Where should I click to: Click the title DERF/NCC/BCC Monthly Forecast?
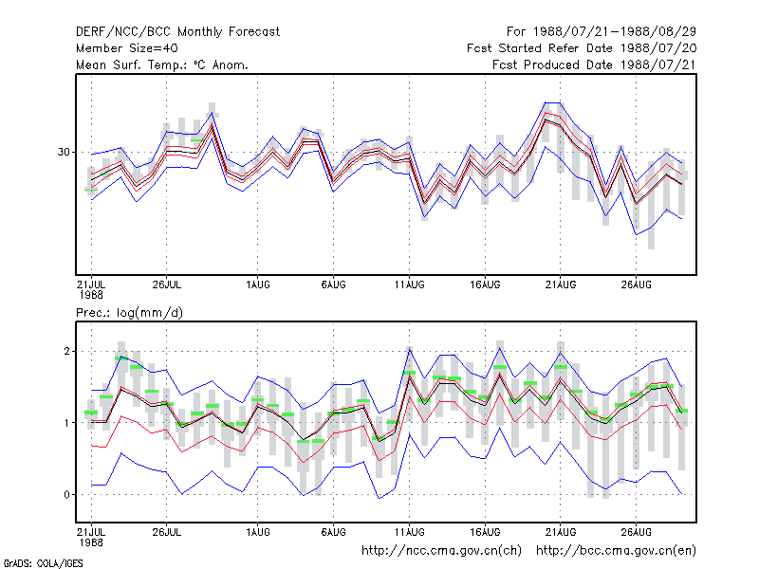tap(177, 32)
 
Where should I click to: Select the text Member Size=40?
tap(127, 48)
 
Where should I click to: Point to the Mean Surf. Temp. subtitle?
tap(162, 64)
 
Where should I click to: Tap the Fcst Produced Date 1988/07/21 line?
tap(594, 64)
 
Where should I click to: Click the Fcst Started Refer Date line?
tap(582, 48)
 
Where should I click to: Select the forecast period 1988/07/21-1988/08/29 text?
tap(602, 32)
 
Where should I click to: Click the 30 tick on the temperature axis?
tap(64, 152)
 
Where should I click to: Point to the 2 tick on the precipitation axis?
tap(66, 351)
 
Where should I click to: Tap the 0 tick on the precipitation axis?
tap(66, 494)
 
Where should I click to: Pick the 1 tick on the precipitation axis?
tap(66, 423)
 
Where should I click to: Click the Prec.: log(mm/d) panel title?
tap(129, 313)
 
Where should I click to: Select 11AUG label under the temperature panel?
tap(409, 284)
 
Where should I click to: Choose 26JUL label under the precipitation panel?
tap(167, 532)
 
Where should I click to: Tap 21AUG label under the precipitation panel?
tap(561, 532)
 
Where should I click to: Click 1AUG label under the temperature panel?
tap(257, 284)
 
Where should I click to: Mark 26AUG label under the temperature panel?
tap(636, 284)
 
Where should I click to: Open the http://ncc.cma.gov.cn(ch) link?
tap(441, 551)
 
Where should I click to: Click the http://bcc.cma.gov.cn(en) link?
tap(616, 551)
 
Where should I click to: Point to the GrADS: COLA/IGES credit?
tap(43, 563)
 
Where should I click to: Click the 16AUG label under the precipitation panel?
tap(485, 532)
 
